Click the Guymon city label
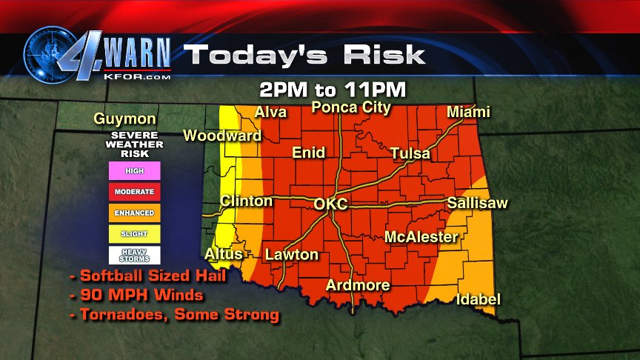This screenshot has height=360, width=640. (x=124, y=119)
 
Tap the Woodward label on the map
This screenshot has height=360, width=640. (x=222, y=136)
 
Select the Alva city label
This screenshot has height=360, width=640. (x=271, y=112)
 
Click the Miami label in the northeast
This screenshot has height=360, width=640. (x=468, y=112)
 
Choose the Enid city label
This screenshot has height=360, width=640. (x=309, y=153)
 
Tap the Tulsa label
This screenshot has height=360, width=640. (x=410, y=153)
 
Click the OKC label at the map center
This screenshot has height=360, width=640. (x=330, y=204)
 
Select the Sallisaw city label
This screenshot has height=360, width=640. (x=477, y=203)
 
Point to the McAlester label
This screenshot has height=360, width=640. (x=421, y=237)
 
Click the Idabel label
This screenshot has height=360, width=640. (x=478, y=299)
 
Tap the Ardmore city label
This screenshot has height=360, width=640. (x=358, y=285)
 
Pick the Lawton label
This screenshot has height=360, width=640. (x=292, y=255)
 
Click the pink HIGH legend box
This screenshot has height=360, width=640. (x=134, y=170)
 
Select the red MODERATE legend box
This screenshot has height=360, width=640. (x=134, y=191)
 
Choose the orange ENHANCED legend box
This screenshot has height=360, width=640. (x=134, y=213)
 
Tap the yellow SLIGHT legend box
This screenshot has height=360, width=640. (x=134, y=234)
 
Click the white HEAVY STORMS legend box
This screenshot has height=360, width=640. (x=134, y=256)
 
